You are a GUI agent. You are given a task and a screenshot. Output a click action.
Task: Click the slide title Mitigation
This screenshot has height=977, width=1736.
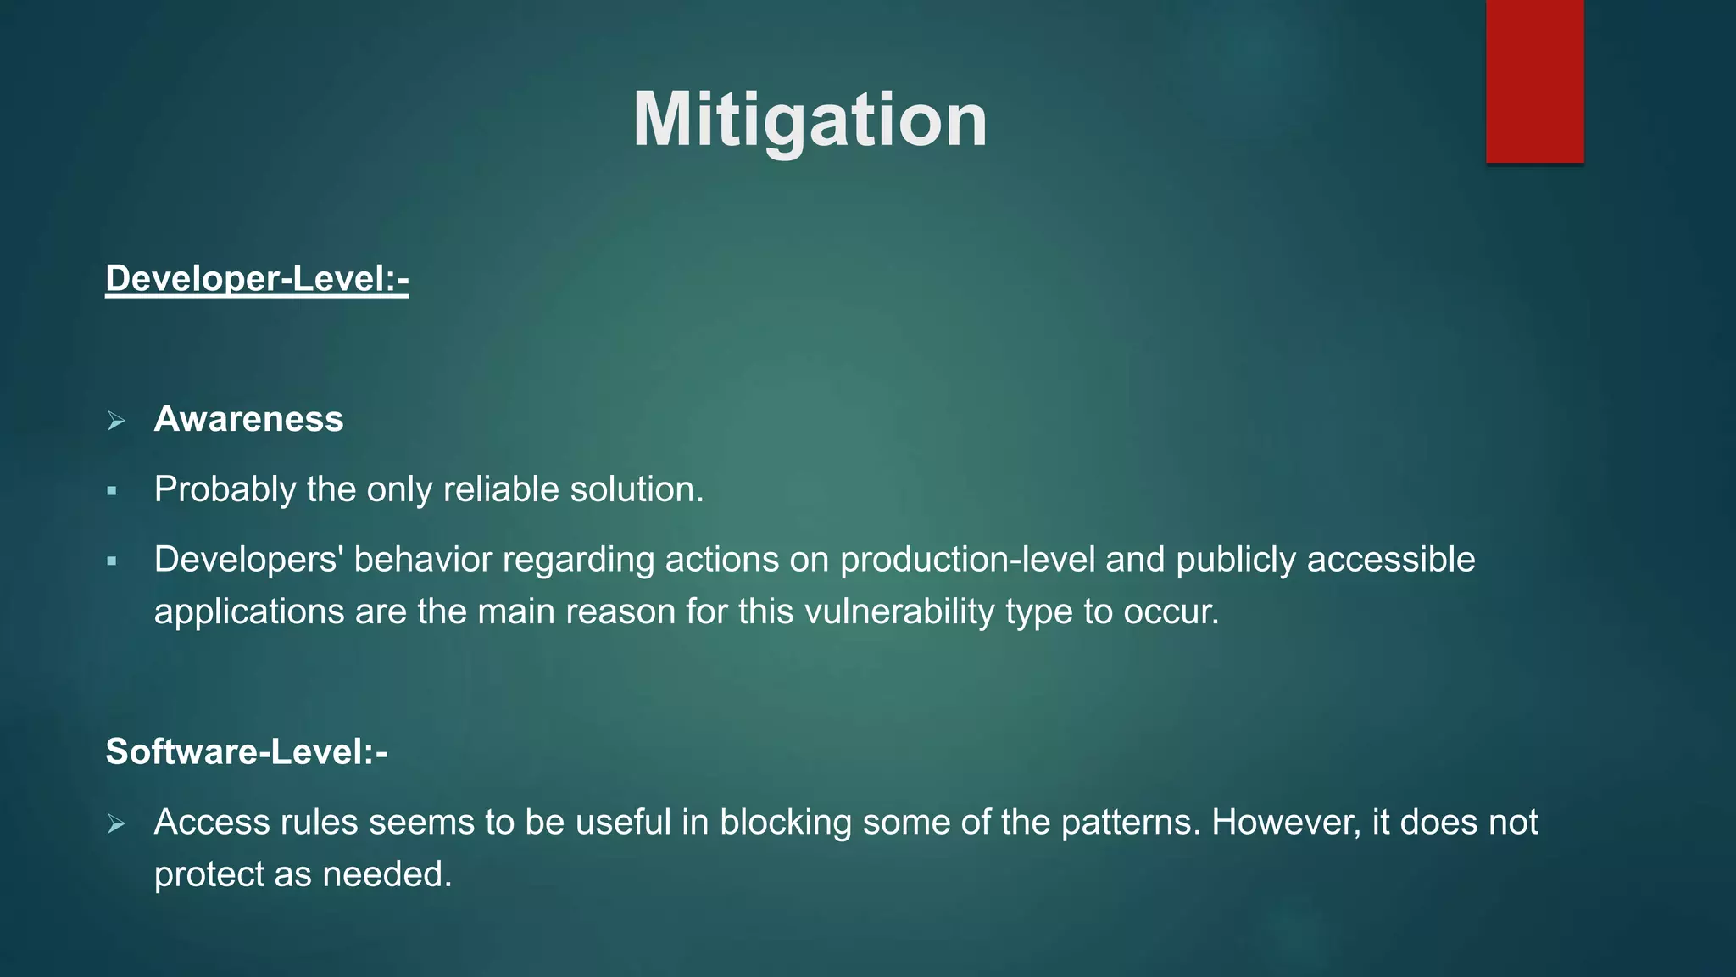(x=810, y=120)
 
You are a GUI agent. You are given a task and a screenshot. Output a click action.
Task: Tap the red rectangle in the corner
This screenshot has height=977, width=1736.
(x=1534, y=81)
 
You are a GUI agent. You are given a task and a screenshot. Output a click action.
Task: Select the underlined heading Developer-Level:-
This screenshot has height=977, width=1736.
(x=257, y=279)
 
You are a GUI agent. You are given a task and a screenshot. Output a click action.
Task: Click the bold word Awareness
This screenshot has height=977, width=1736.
(x=248, y=419)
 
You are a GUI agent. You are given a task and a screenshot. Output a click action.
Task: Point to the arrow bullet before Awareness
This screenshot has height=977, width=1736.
(x=116, y=421)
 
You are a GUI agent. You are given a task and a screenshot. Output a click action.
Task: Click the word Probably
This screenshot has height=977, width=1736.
(x=225, y=489)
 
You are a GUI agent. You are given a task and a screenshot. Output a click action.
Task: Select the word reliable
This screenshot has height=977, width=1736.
(x=501, y=489)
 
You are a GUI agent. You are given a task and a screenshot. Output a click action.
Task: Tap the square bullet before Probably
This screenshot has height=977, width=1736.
(x=112, y=491)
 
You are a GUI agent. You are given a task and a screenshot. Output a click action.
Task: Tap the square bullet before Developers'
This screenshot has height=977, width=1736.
(x=112, y=561)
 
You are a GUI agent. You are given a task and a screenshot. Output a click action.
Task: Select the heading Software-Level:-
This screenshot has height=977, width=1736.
(x=246, y=751)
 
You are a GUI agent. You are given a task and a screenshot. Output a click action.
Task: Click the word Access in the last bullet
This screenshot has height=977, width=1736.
(x=212, y=822)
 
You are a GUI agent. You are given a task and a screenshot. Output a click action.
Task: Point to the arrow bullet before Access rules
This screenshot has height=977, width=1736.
(x=116, y=823)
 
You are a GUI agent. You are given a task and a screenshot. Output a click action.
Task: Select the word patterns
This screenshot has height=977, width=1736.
(x=1130, y=822)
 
